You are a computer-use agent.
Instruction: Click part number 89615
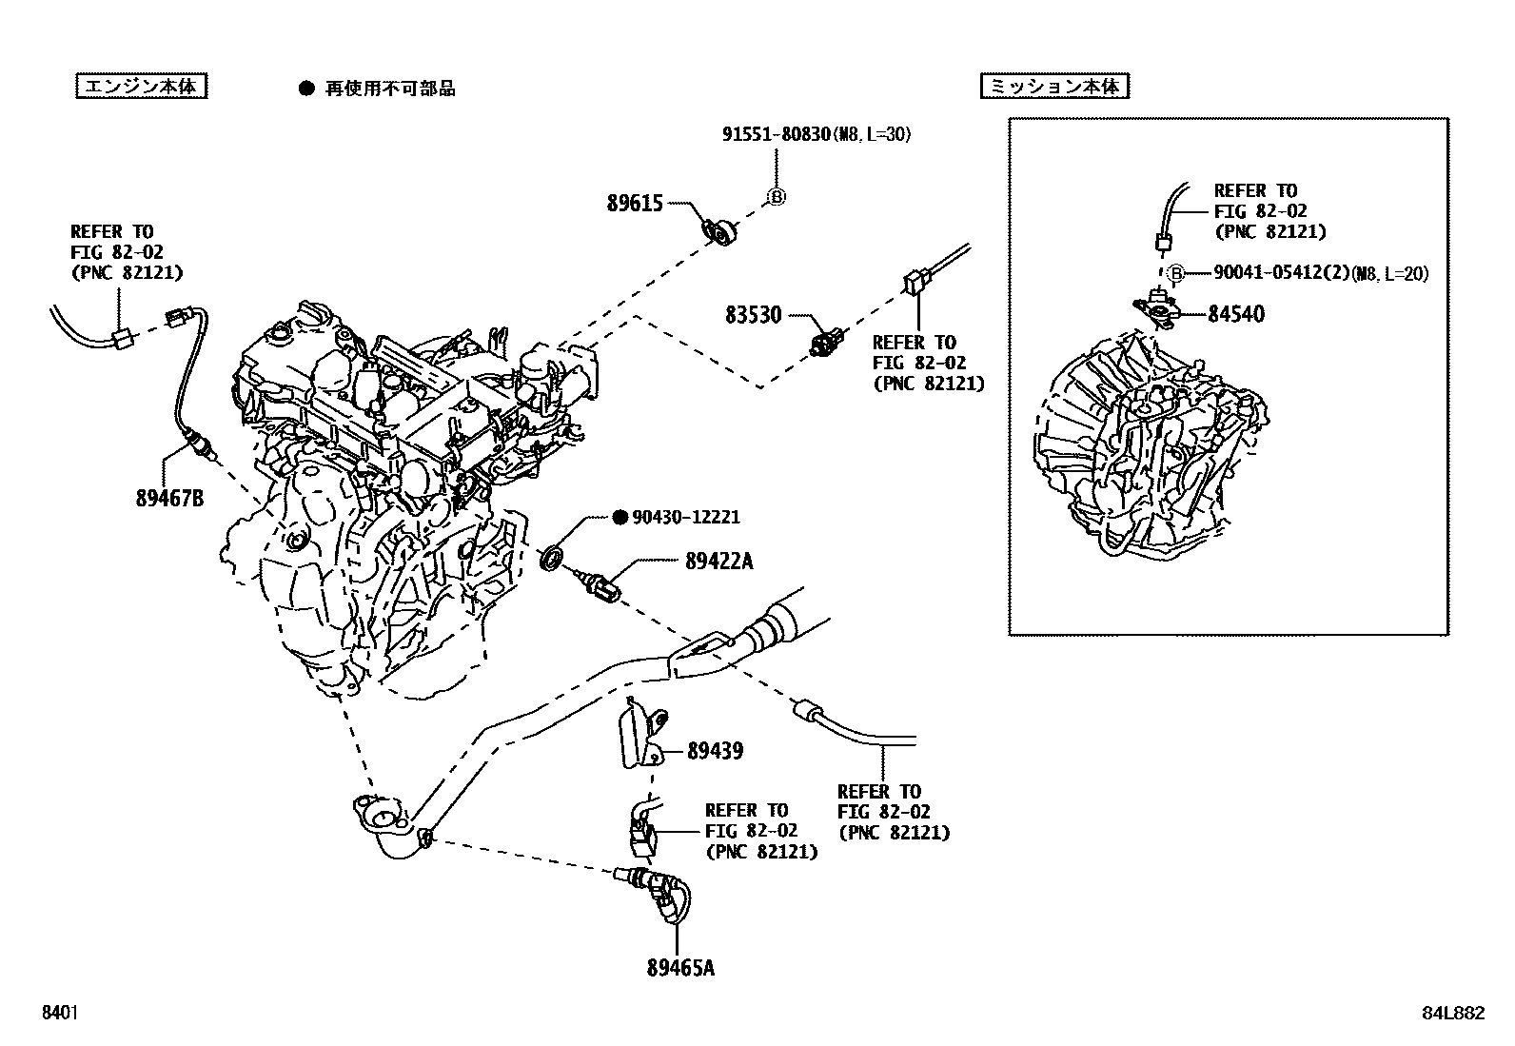tap(635, 203)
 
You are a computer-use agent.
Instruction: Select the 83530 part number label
tap(753, 315)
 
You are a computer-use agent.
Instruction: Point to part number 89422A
tap(718, 562)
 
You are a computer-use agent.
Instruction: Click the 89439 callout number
tap(715, 751)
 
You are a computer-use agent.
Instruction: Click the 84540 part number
tap(1236, 314)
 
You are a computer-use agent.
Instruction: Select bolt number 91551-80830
tap(776, 135)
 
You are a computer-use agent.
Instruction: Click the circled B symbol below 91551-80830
tap(776, 198)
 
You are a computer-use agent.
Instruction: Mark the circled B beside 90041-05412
tap(1175, 273)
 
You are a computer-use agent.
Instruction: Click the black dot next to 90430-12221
tap(620, 517)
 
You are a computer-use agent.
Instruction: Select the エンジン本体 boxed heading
tap(141, 87)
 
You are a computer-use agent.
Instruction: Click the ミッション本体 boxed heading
tap(1054, 87)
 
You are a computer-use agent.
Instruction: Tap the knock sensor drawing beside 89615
tap(720, 229)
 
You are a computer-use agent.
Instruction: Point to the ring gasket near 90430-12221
tap(550, 559)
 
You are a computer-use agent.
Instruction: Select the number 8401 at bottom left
tap(59, 1014)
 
